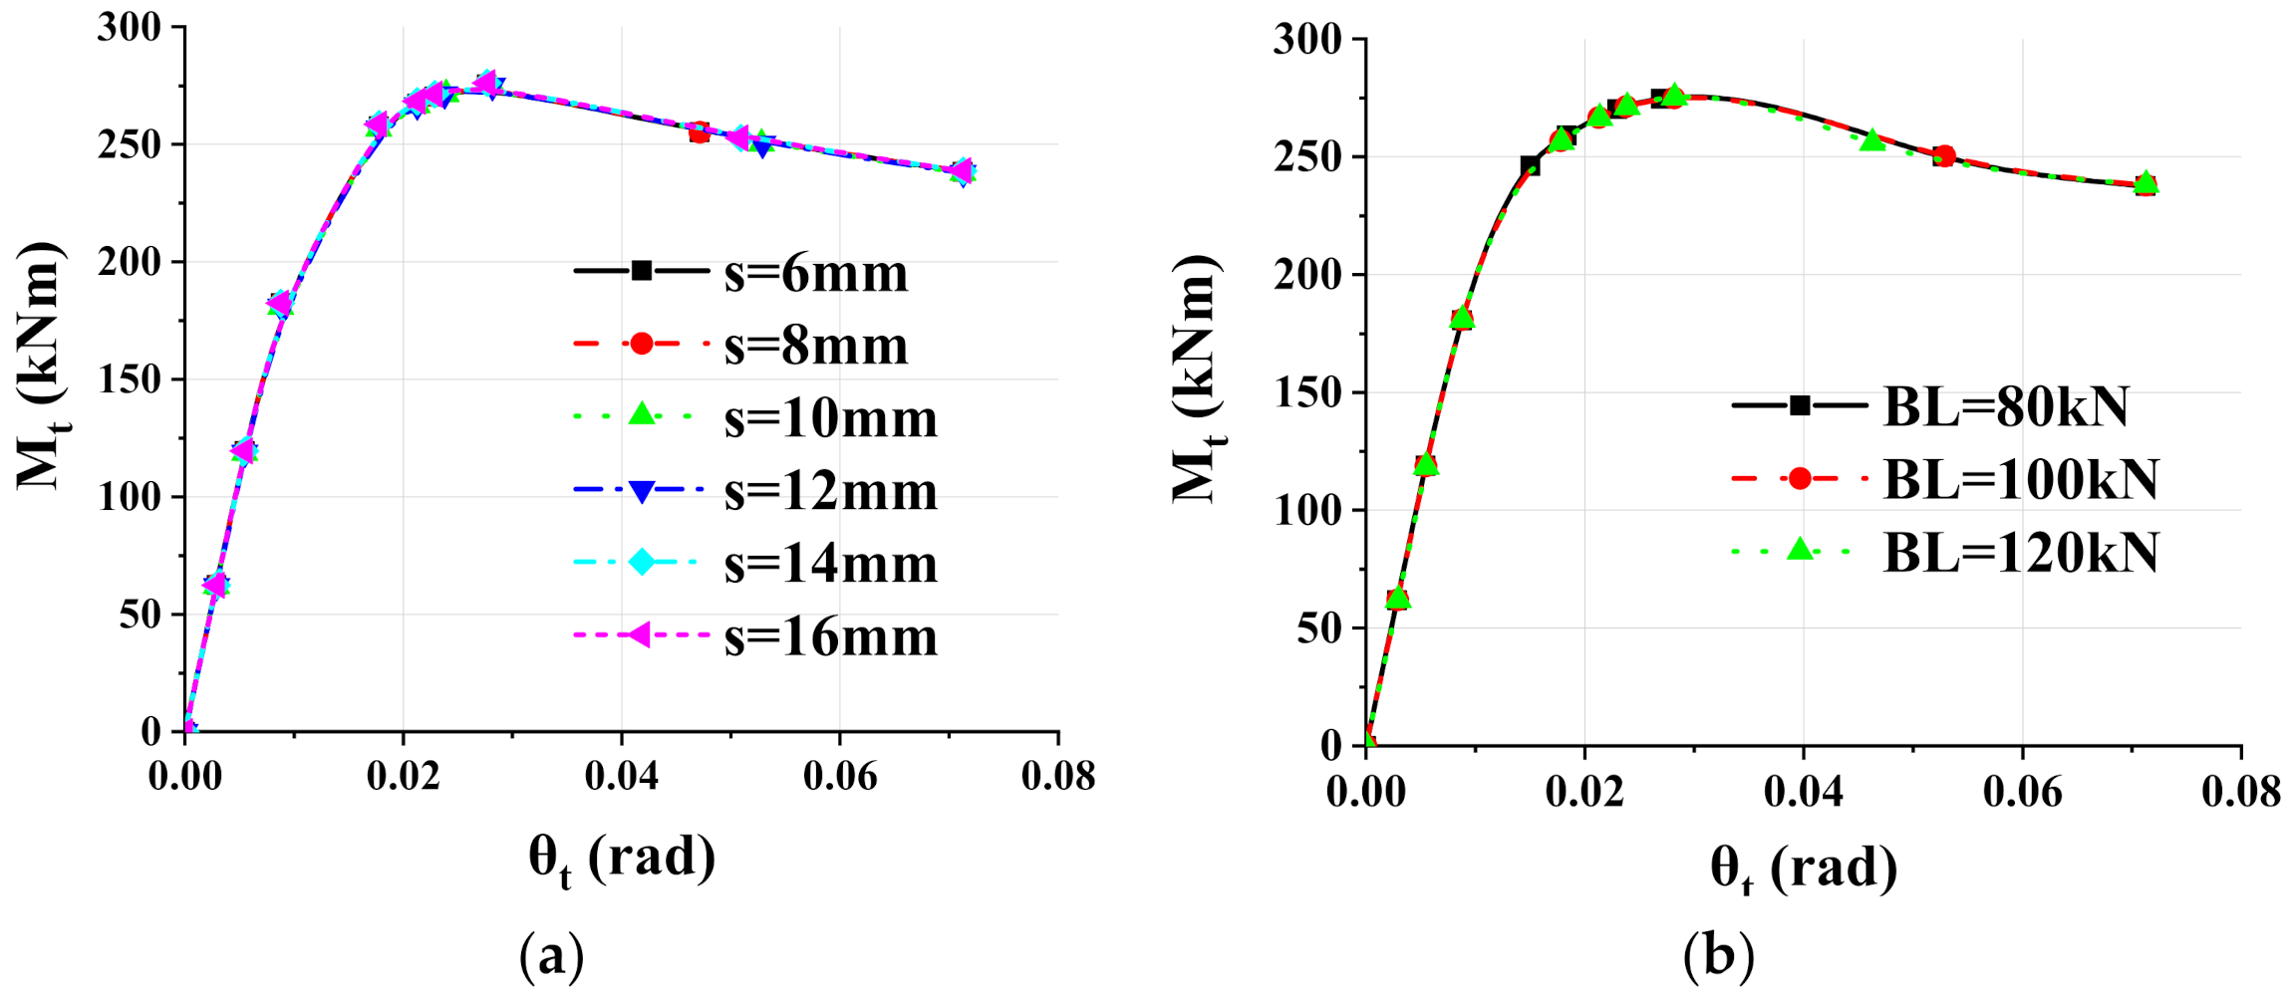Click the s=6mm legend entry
[x=815, y=273]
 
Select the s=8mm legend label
[x=815, y=346]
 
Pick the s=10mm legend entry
[x=830, y=418]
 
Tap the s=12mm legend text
[x=830, y=491]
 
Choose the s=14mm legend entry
[x=830, y=564]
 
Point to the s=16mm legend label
[x=830, y=636]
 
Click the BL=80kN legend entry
[x=2005, y=406]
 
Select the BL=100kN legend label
[x=2020, y=479]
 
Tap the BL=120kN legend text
[x=2020, y=552]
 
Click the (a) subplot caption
[x=551, y=956]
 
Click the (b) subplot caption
[x=1718, y=956]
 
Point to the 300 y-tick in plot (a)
[x=130, y=27]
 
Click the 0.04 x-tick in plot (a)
[x=621, y=776]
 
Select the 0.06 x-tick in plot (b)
[x=2022, y=791]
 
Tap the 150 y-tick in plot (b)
[x=1307, y=392]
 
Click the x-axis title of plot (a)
[x=621, y=859]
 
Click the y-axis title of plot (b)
[x=1195, y=378]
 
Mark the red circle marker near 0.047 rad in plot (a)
[x=700, y=132]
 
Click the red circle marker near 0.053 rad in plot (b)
[x=1944, y=156]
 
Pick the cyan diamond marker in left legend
[x=643, y=562]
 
